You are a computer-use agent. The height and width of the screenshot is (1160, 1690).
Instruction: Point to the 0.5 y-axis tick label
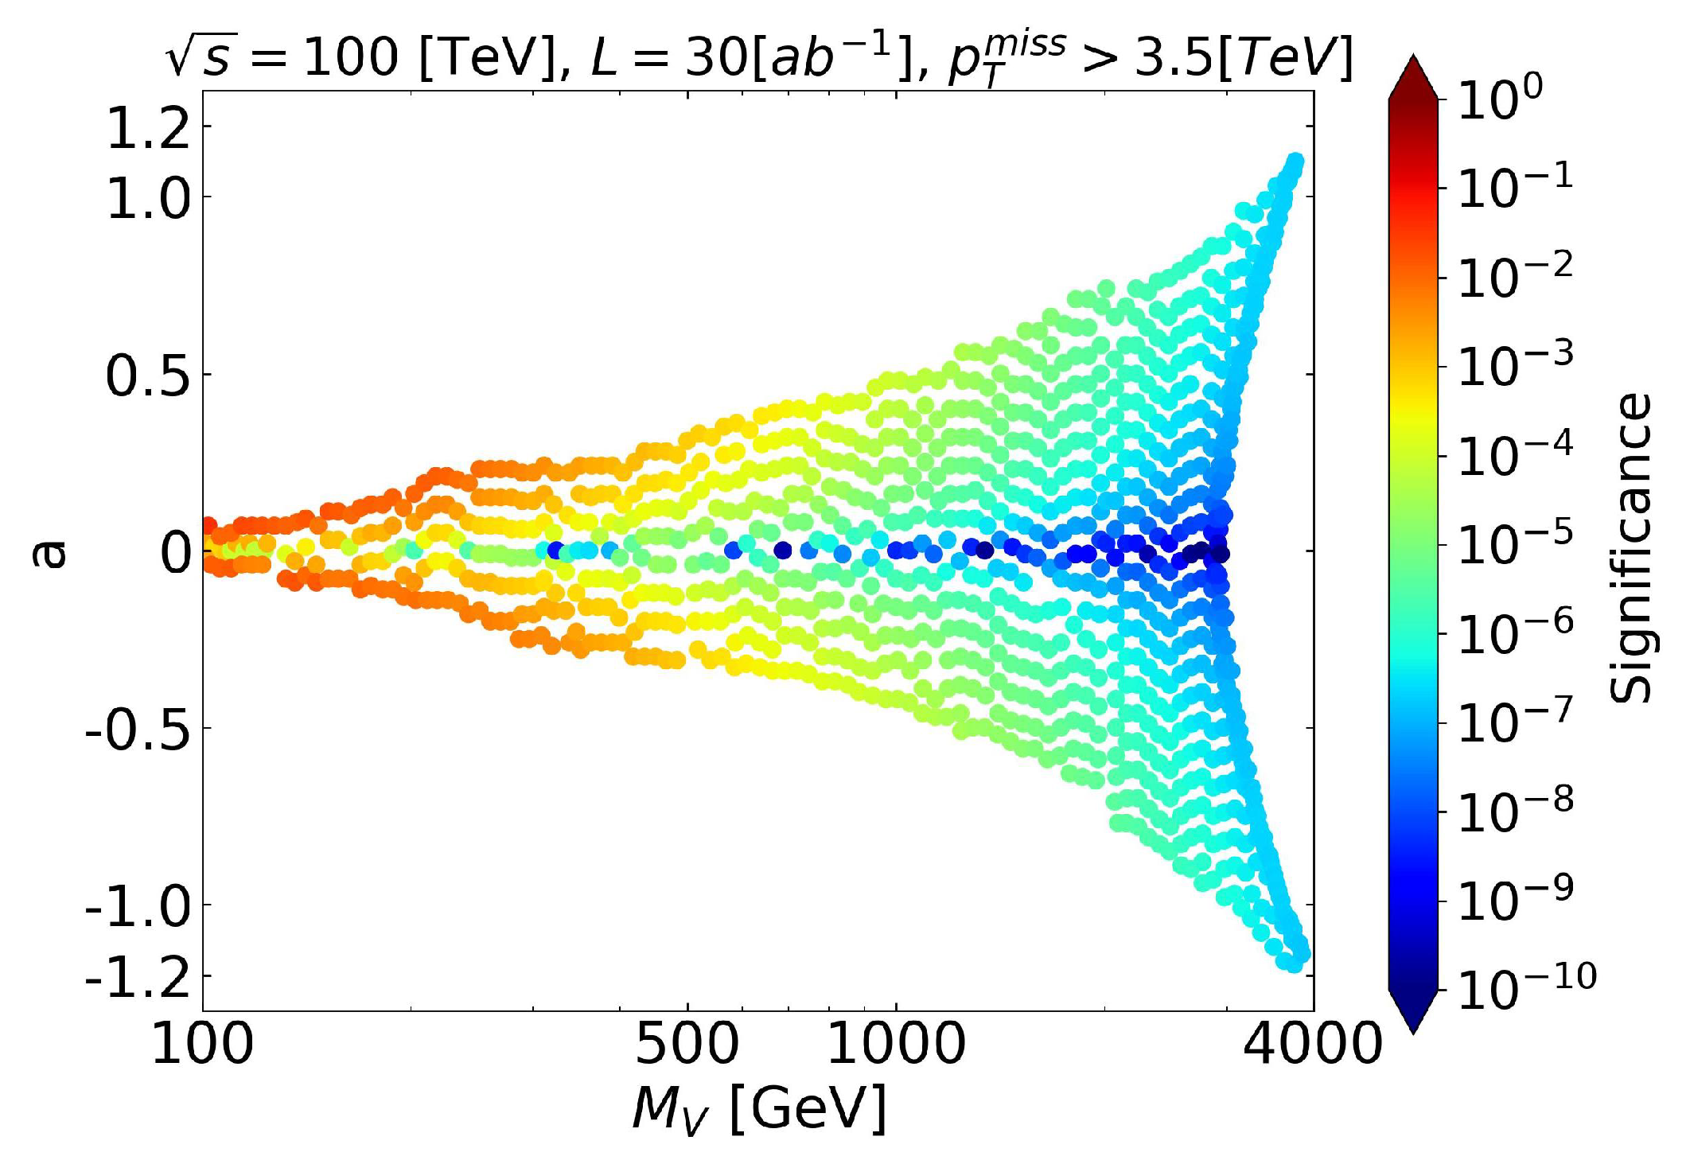point(149,376)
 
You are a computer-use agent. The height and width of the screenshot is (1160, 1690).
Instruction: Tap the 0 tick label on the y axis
point(176,553)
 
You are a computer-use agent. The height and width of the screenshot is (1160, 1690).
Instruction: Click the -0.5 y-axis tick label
point(138,730)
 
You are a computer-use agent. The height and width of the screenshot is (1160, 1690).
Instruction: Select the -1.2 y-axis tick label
point(138,976)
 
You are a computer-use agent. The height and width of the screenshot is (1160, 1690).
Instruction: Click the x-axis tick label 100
point(202,1044)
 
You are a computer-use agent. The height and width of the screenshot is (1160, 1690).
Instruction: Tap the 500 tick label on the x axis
point(687,1044)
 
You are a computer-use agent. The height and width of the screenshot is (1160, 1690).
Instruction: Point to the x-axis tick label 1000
point(897,1044)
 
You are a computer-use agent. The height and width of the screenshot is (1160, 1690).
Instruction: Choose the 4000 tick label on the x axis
point(1313,1044)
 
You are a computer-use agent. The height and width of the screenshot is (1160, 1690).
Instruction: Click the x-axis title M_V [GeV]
point(759,1108)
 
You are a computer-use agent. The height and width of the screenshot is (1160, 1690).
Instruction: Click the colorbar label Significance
point(1631,549)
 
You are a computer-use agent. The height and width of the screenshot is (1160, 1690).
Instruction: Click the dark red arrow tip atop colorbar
point(1413,72)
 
